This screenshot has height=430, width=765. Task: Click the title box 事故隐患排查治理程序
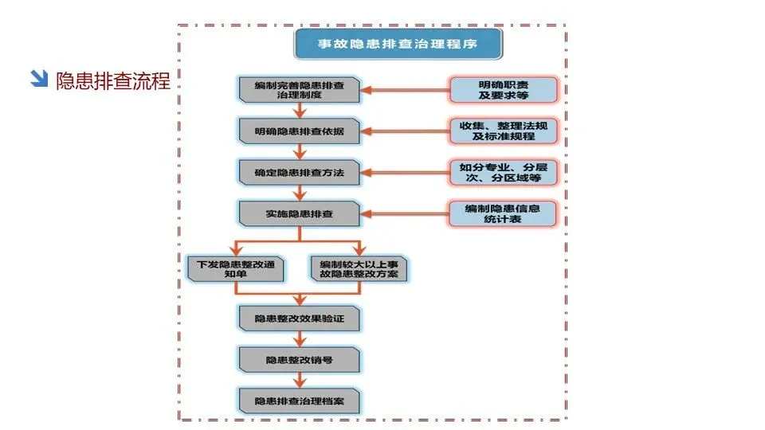click(398, 44)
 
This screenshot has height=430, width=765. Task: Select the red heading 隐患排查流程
click(113, 80)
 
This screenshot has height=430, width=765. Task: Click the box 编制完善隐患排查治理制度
click(300, 90)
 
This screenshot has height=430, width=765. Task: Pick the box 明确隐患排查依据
click(300, 131)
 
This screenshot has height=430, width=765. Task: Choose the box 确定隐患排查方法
click(300, 172)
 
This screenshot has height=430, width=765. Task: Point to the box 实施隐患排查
click(300, 213)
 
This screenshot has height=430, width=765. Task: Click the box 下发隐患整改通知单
click(236, 268)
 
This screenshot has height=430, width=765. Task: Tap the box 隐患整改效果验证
click(300, 318)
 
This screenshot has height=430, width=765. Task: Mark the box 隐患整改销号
click(300, 359)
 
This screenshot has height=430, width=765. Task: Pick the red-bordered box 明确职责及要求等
click(503, 90)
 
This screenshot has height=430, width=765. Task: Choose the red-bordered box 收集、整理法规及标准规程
click(503, 131)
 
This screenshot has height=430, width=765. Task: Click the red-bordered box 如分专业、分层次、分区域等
click(503, 172)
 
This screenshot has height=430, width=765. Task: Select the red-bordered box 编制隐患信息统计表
click(503, 213)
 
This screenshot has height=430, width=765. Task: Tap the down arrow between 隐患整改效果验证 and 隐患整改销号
click(300, 338)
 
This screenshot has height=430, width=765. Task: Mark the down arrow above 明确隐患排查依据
click(300, 111)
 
